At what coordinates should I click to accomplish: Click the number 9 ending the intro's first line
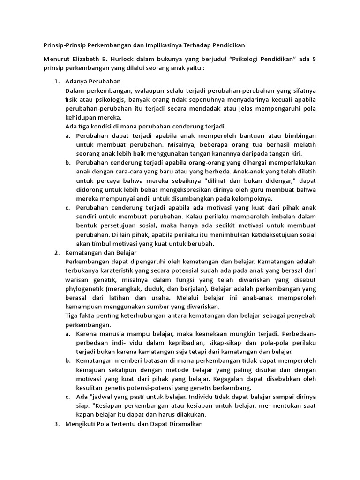pos(314,59)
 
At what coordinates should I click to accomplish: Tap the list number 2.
pos(56,253)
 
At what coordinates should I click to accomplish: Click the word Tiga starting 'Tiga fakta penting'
pos(73,315)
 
